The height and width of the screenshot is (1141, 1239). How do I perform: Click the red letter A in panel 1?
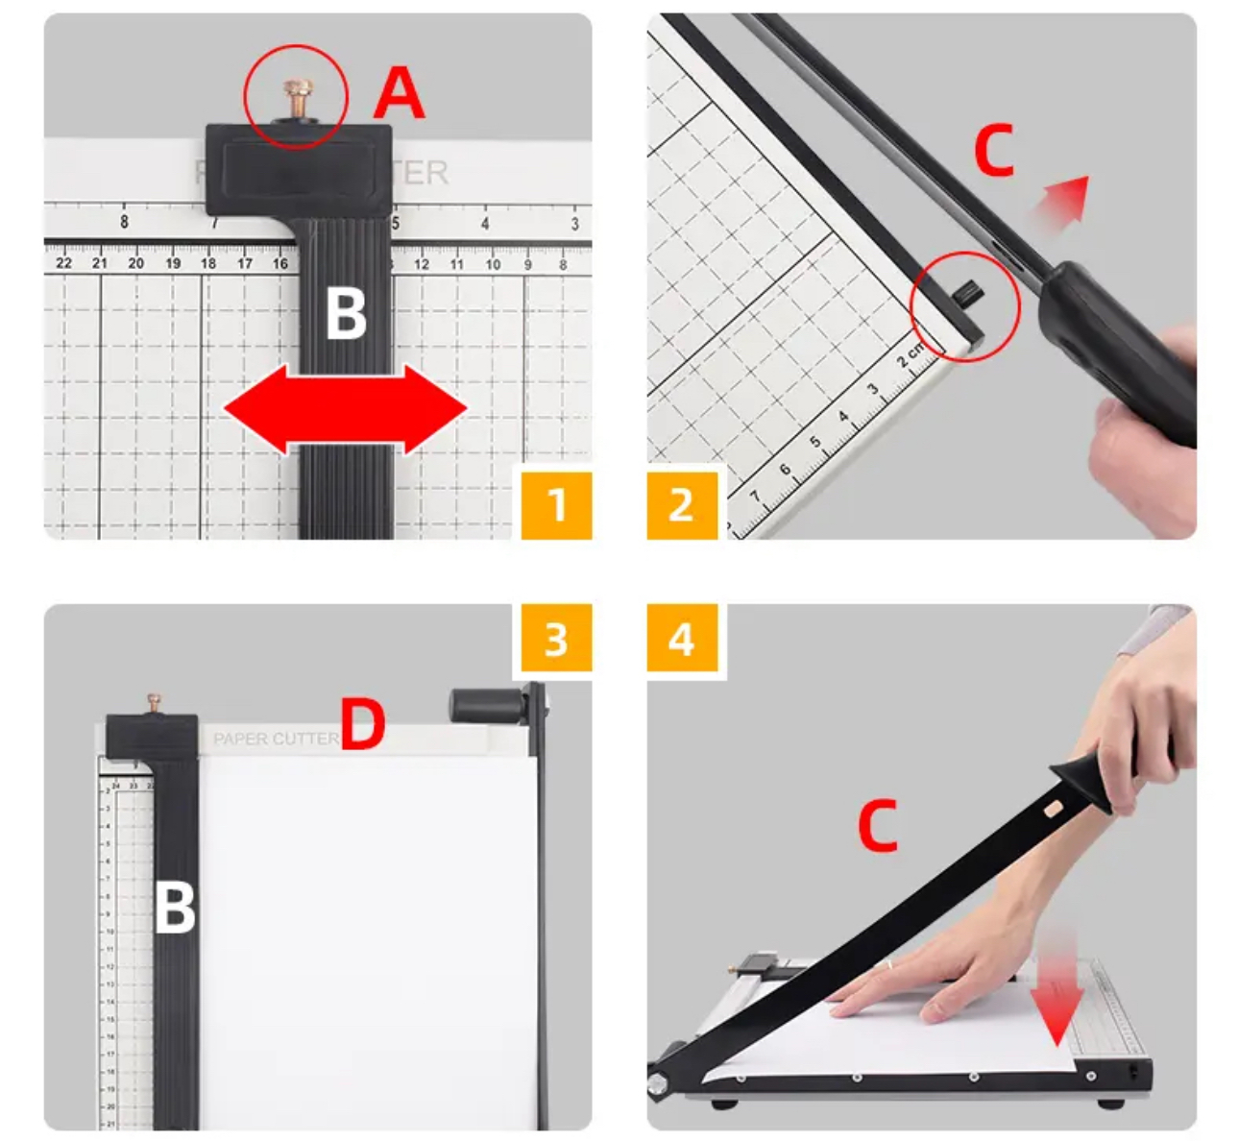point(399,93)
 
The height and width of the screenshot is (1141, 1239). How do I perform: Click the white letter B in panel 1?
point(346,313)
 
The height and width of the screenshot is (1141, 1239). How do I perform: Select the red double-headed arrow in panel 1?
point(346,409)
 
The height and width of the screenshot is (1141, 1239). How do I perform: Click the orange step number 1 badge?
point(556,504)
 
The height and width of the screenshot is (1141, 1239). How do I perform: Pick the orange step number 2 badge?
point(681,504)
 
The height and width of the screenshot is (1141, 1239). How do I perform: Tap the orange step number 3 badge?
point(556,639)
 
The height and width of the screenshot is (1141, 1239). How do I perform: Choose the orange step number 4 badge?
point(681,639)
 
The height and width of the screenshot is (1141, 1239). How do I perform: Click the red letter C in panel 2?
point(994,151)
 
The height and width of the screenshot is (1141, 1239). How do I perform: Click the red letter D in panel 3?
point(363,725)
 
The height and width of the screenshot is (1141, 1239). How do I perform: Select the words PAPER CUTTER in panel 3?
point(276,739)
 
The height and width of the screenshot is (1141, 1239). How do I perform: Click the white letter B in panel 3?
point(175,908)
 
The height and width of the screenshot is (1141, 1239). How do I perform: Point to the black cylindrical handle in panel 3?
point(486,706)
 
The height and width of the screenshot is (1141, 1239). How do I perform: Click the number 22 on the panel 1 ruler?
point(63,263)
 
